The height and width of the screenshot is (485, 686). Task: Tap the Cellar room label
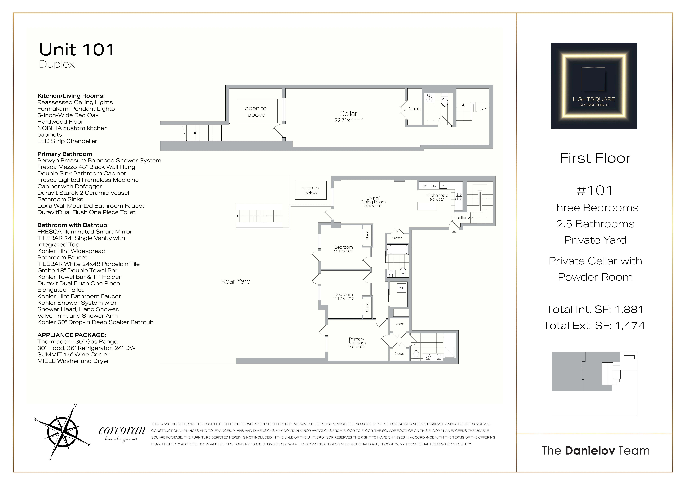[348, 114]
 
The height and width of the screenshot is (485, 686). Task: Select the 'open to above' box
[257, 111]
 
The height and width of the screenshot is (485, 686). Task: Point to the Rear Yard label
[236, 281]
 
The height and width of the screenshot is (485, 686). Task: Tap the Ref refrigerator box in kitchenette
[424, 186]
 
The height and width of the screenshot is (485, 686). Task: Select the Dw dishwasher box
[434, 186]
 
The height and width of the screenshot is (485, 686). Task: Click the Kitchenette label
[437, 195]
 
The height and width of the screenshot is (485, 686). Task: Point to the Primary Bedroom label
[356, 341]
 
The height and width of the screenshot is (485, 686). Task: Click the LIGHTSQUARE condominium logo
[594, 86]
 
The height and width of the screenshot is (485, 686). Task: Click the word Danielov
[590, 451]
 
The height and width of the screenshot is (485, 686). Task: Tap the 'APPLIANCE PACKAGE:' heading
[72, 335]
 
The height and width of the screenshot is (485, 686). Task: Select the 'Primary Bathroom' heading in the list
[65, 154]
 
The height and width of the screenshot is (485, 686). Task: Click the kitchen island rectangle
[427, 206]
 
